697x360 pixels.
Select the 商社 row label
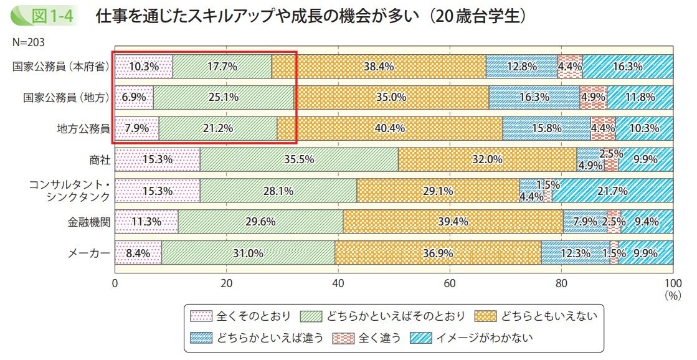tap(100, 160)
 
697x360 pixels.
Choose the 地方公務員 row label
tap(83, 129)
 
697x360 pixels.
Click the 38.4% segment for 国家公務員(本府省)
tap(379, 67)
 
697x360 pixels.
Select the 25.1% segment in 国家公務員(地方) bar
tap(223, 98)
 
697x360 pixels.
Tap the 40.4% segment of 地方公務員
tap(390, 129)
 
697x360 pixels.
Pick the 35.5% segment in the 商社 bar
tap(299, 160)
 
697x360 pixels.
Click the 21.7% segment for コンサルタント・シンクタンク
tap(612, 191)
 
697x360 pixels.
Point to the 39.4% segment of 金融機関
tap(453, 222)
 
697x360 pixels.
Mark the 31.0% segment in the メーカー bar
tap(248, 253)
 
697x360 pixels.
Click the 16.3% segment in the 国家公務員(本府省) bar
tap(627, 67)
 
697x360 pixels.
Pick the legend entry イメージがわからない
tap(478, 338)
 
